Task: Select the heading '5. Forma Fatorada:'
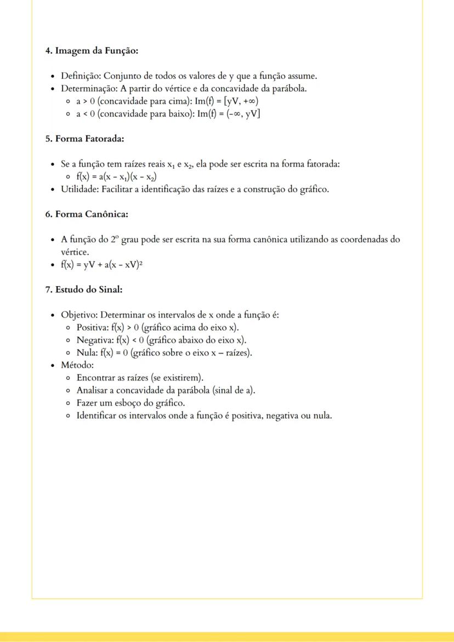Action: tap(84, 139)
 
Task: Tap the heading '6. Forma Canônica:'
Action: tap(87, 214)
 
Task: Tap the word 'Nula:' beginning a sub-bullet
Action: tap(87, 353)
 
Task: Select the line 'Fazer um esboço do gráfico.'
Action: tap(130, 403)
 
